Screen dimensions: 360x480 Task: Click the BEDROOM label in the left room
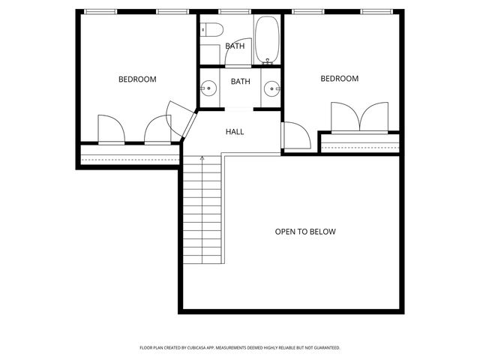click(137, 79)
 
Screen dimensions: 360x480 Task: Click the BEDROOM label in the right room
click(340, 79)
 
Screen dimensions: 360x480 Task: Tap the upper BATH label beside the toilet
click(235, 46)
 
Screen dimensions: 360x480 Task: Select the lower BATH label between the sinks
click(240, 82)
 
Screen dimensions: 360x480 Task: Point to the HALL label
click(235, 132)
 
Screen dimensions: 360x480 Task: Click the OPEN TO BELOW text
click(305, 232)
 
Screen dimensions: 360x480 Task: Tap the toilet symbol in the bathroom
click(212, 31)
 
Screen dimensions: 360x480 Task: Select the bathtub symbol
click(267, 39)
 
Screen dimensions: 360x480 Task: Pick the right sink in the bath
click(271, 89)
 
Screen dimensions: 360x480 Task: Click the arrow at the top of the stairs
click(202, 157)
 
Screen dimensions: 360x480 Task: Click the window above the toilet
click(229, 12)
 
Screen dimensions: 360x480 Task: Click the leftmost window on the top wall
click(100, 12)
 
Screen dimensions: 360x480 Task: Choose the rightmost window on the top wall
click(376, 12)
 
